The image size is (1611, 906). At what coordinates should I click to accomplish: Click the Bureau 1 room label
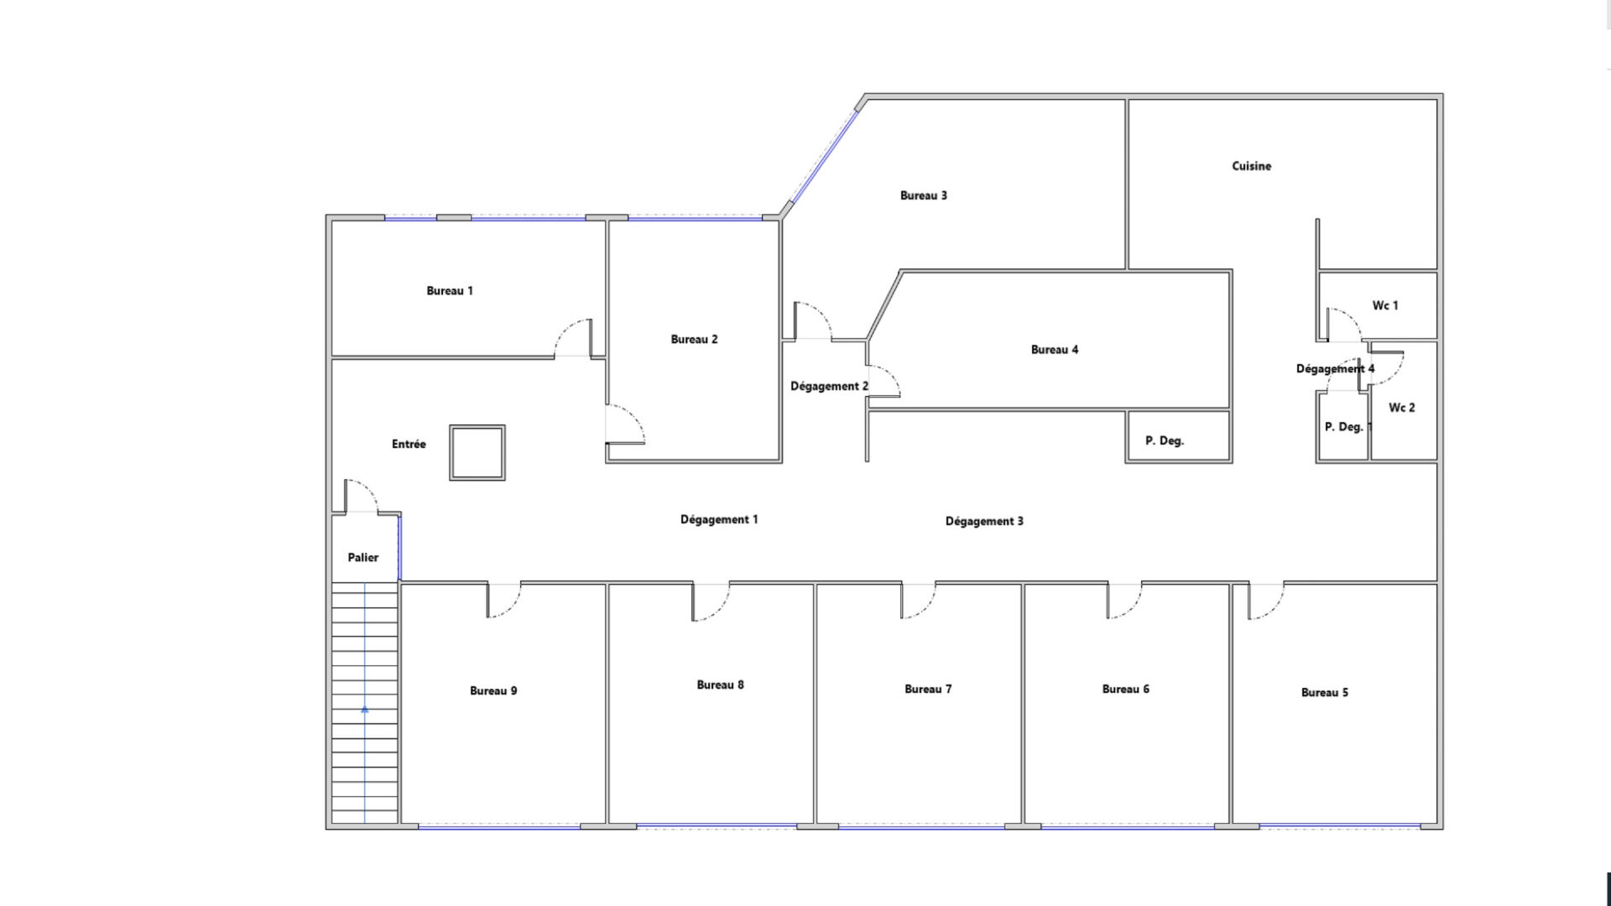click(x=450, y=291)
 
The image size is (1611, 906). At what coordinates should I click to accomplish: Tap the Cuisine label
click(x=1251, y=166)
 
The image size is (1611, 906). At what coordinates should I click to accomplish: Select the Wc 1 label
click(x=1385, y=305)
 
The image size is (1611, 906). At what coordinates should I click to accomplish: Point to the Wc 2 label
click(x=1401, y=408)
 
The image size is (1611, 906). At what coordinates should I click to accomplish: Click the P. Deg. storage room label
click(x=1165, y=440)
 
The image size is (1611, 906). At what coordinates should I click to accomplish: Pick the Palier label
click(x=363, y=557)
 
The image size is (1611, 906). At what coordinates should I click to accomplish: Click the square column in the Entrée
click(x=477, y=452)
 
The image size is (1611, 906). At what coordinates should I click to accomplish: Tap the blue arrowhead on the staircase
click(x=365, y=710)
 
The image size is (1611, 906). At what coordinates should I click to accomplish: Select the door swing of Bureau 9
click(x=503, y=601)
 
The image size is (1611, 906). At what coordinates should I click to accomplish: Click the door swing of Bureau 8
click(x=710, y=602)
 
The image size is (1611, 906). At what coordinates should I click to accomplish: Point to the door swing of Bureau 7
click(x=918, y=601)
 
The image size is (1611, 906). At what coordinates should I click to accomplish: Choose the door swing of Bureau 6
click(x=1124, y=601)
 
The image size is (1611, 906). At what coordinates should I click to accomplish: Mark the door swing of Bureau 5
click(x=1265, y=601)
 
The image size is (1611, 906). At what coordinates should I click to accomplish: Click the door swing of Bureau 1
click(x=573, y=338)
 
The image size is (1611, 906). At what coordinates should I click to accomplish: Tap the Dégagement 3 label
click(x=984, y=521)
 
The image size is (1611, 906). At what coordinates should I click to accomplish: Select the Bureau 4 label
click(x=1055, y=350)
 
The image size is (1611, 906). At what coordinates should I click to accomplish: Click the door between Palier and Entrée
click(x=361, y=497)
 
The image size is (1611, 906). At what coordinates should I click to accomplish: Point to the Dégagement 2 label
click(x=829, y=387)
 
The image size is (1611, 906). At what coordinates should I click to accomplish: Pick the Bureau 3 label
click(x=923, y=195)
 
